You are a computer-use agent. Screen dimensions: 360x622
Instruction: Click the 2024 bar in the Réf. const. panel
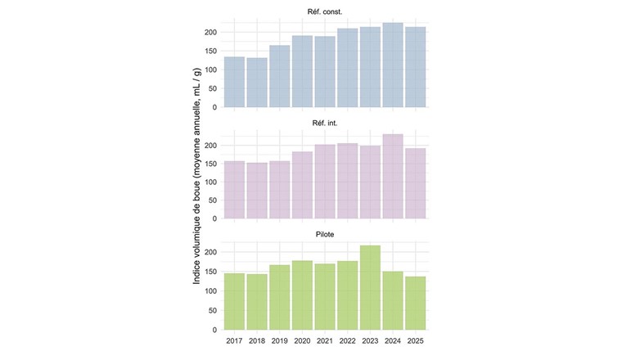click(393, 65)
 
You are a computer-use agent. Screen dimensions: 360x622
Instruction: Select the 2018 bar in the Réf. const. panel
click(257, 83)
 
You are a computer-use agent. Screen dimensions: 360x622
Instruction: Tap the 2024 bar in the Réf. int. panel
click(393, 177)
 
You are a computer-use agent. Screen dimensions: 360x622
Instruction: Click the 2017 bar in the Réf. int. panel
click(234, 190)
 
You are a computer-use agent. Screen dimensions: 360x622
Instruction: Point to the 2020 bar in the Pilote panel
click(302, 295)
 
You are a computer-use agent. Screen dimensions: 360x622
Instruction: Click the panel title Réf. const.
click(325, 11)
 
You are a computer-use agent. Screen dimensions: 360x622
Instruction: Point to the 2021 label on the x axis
click(325, 340)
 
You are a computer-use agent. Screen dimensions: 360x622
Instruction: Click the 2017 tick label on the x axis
click(234, 340)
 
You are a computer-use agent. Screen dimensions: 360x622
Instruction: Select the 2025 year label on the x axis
click(416, 340)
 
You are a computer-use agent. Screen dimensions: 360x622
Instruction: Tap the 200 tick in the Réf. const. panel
click(210, 32)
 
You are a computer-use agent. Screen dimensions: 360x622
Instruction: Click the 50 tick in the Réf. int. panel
click(212, 200)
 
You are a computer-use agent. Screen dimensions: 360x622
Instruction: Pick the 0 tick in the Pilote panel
click(214, 330)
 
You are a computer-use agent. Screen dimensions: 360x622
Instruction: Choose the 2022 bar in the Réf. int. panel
click(348, 181)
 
